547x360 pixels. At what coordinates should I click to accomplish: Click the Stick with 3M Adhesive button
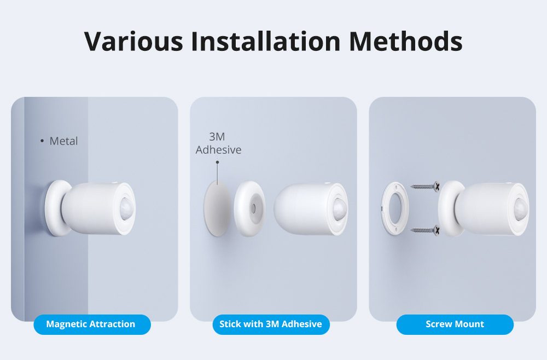point(271,324)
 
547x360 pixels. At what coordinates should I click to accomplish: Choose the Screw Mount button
point(455,324)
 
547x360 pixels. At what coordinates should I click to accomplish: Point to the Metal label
point(63,141)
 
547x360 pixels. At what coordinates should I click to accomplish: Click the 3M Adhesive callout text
point(218,143)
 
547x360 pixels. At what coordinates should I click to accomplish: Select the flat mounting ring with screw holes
point(393,208)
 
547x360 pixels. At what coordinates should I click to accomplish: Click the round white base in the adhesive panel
point(249,209)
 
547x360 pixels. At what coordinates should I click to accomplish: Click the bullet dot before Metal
point(42,141)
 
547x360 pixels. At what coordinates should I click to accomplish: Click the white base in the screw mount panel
point(450,208)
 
